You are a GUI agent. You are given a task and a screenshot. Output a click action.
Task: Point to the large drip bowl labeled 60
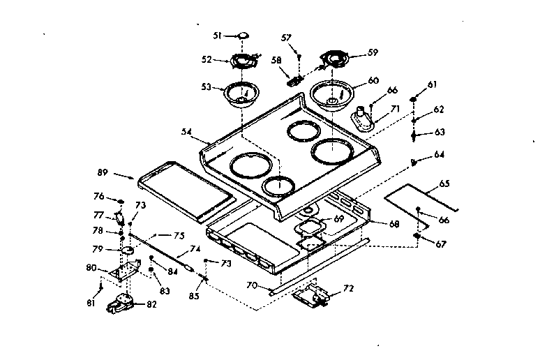(x=331, y=94)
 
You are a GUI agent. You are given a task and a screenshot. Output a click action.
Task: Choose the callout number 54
(x=186, y=131)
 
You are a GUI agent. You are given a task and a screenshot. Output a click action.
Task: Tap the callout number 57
(x=286, y=37)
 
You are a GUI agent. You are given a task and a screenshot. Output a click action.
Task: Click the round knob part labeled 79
(x=128, y=250)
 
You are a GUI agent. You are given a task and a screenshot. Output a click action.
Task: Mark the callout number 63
(x=440, y=131)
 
